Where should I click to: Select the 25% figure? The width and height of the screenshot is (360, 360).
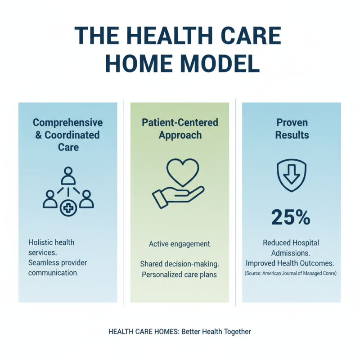point(291,217)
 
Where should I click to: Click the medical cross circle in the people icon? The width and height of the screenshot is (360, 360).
point(67,208)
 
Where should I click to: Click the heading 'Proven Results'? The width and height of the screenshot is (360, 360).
point(291,129)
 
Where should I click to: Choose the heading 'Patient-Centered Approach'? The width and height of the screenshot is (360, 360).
point(180,129)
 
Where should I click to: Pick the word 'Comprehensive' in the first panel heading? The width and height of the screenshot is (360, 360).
point(68,122)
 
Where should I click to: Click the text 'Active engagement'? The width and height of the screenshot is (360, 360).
point(180,244)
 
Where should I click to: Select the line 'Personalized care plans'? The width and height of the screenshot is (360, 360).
point(180,274)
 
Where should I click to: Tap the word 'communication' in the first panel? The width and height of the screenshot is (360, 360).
point(53,273)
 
